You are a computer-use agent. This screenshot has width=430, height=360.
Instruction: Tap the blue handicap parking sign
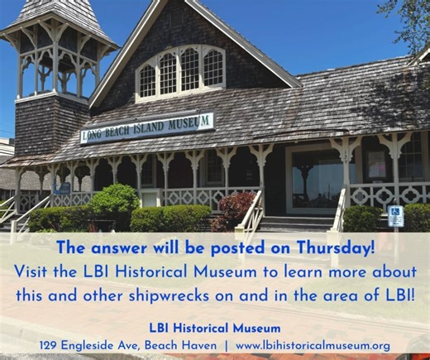[x=395, y=215]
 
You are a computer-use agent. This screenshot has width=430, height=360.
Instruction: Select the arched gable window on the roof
[x=180, y=71]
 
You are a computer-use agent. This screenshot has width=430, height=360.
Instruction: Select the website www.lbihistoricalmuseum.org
[x=313, y=344]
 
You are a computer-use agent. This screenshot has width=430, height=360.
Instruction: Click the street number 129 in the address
[x=50, y=344]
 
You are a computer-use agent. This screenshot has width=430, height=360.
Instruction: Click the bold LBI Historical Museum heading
[x=215, y=328]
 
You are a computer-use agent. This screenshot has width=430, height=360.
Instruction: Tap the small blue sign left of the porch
[x=62, y=189]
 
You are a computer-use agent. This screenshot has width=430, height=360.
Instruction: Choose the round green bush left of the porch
[x=114, y=202]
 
